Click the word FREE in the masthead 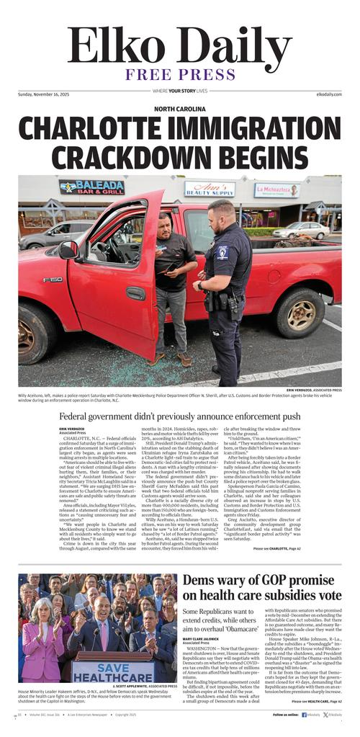(150, 74)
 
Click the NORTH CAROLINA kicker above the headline (179, 110)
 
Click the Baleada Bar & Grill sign (91, 188)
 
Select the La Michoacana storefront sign (276, 191)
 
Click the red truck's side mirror (69, 249)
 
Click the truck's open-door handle (135, 294)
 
